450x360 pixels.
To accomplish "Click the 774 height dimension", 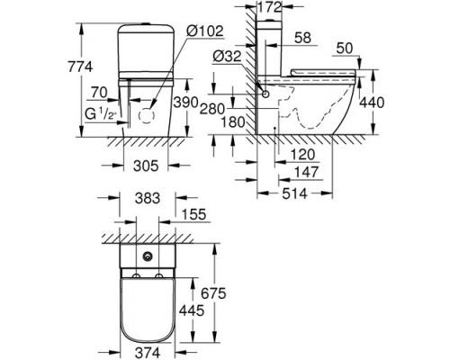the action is pos(80,67).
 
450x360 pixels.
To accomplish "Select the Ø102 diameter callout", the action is pos(204,31).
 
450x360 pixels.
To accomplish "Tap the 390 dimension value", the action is pos(186,103).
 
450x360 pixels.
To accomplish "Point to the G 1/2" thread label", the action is pos(101,115).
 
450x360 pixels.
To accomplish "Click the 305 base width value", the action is pos(146,166).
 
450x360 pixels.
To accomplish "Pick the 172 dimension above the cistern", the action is pos(270,7).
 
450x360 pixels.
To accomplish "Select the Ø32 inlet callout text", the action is pos(227,57).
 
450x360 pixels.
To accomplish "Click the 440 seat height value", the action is pos(372,103).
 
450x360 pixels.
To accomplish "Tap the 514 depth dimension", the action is pos(294,193).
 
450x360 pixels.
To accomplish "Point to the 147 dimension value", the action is pos(306,172).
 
